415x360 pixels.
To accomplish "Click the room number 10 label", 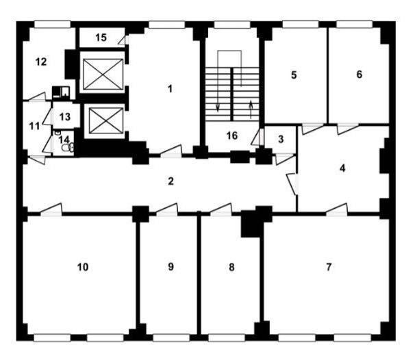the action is coord(83,267).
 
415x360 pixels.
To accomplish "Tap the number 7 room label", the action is coord(329,267).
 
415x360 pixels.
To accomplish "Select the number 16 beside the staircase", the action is coord(232,136).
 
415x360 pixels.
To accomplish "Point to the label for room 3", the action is coord(281,139).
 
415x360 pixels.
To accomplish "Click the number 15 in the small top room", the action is coord(101,38).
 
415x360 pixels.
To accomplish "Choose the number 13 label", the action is coord(65,116).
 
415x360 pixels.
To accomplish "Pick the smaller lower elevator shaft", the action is coord(106,120).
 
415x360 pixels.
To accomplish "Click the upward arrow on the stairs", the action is coord(251,110).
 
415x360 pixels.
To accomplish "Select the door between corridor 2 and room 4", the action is coord(292,184).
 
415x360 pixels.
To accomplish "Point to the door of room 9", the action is coord(166,209).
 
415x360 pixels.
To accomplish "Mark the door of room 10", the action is coord(51,209).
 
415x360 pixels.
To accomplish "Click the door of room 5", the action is coord(313,128).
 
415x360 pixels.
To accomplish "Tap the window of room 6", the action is coord(355,25).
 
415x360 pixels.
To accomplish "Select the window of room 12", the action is coord(53,25).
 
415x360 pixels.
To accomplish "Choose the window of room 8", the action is coord(227,338).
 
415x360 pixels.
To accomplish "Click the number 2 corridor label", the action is coord(171,181).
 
